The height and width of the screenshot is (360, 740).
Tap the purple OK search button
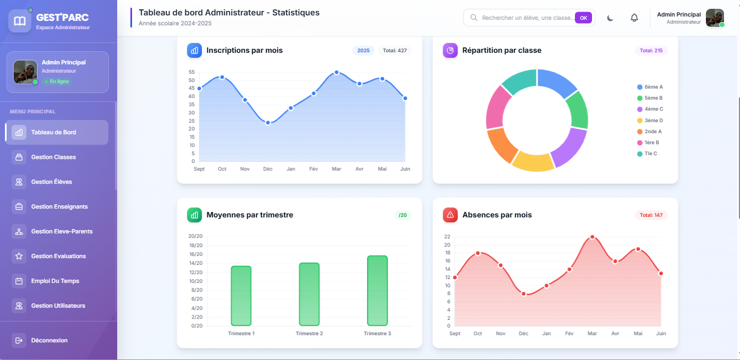click(583, 18)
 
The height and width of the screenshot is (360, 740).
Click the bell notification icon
click(634, 18)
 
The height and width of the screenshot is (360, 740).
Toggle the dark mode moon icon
click(610, 18)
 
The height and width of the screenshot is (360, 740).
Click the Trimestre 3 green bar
click(377, 291)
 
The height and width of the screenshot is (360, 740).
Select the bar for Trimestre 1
click(241, 296)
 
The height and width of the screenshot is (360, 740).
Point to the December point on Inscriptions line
click(268, 123)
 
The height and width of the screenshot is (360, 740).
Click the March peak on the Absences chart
click(593, 237)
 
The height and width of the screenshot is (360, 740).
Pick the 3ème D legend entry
click(650, 121)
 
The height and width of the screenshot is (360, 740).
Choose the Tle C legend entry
click(647, 154)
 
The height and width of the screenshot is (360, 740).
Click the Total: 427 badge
click(395, 51)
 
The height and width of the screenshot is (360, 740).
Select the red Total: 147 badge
click(651, 215)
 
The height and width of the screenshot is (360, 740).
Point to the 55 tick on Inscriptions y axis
click(191, 72)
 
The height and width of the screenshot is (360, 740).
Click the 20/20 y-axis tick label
click(195, 236)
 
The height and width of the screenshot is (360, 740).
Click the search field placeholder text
click(528, 18)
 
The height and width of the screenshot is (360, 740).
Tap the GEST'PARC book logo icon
click(20, 21)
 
